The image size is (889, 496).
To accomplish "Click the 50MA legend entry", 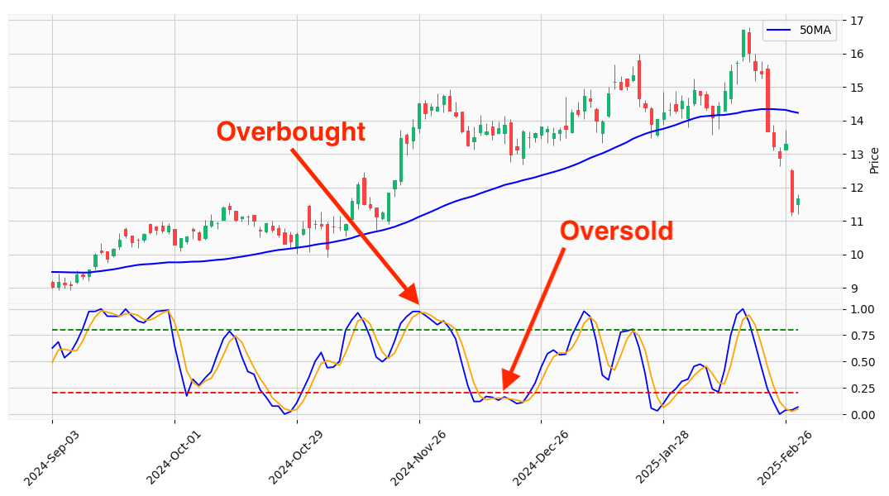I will point(800,31).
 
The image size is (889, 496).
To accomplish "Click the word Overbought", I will point(290,131).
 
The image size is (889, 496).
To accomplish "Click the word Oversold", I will point(616,231).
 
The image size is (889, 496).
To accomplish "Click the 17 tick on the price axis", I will point(857,20).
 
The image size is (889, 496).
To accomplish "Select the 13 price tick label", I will point(857,154).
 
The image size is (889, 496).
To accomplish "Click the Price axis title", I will point(875,160).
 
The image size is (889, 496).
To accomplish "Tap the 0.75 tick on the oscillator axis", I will point(862,336).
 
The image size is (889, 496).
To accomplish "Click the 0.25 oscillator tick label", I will point(862,388).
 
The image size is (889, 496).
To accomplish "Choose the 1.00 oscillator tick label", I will point(862,309).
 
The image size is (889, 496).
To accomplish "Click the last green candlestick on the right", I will point(798,202).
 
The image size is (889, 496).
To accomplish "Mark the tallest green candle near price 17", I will point(743,43).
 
